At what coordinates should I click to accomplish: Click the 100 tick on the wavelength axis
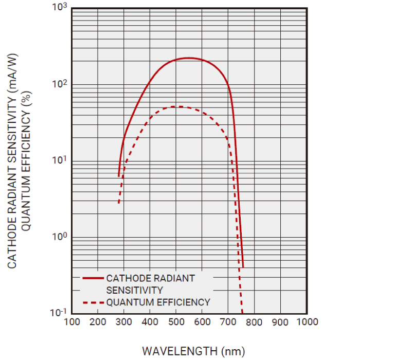pos(71,322)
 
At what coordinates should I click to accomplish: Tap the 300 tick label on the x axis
pos(124,322)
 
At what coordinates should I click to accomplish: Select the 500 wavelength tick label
pos(176,322)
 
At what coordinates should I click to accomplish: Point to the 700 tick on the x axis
pos(228,322)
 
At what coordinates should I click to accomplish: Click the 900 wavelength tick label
pos(280,322)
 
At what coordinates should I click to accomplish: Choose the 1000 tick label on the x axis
pos(306,322)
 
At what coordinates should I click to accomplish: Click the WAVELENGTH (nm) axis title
pos(193,351)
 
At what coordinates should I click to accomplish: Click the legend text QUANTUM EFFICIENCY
pos(158,302)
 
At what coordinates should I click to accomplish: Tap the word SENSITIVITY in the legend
pos(134,290)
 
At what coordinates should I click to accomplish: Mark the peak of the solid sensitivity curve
pos(189,58)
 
